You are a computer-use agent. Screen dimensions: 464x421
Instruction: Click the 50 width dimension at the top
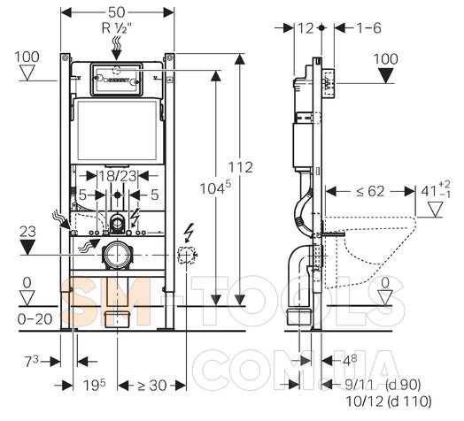point(117,12)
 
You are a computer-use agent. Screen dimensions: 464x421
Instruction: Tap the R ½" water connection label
point(117,28)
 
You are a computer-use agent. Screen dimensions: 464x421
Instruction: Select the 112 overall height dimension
point(240,167)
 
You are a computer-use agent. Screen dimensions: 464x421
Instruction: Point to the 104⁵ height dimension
point(215,188)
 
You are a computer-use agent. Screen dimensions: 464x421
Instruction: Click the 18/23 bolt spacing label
point(118,176)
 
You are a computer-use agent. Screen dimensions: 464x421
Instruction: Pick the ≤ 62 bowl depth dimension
point(370,191)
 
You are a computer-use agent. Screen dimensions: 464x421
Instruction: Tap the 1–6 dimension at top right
point(368,28)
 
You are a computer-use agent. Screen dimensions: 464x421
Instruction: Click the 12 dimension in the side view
point(305,28)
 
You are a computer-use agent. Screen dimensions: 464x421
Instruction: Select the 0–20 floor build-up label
point(35,319)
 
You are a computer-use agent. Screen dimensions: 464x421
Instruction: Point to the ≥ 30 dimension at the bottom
point(151,386)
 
